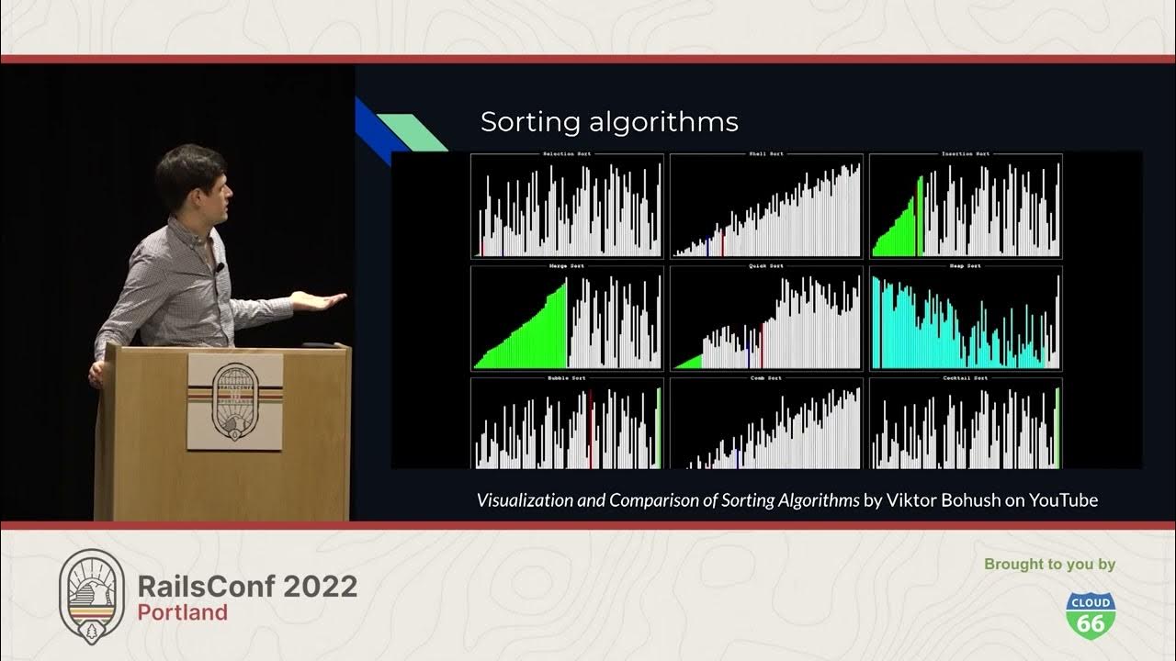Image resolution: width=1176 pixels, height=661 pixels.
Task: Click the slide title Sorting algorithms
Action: point(609,122)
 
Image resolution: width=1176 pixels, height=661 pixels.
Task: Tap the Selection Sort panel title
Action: point(567,154)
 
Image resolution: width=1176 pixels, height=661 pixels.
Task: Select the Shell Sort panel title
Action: point(765,154)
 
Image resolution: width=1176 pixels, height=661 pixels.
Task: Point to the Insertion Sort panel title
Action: point(965,154)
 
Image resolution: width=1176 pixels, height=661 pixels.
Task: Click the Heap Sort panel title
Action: point(965,266)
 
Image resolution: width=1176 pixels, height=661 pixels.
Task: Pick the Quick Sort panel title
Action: point(765,266)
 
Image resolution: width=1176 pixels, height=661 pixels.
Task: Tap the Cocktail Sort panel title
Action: point(965,378)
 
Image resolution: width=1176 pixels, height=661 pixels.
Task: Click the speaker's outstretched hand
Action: point(322,300)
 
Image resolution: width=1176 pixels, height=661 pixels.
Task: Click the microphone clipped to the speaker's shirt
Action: point(220,267)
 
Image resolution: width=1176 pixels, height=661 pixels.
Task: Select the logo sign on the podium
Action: point(235,401)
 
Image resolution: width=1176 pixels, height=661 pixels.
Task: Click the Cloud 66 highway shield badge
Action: point(1091,614)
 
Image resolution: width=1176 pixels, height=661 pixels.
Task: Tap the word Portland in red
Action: point(183,612)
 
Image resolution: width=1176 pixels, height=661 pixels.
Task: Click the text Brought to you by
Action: point(1049,564)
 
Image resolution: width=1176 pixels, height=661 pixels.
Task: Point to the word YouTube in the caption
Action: point(1063,500)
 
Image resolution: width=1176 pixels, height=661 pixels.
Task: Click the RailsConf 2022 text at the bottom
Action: point(247,586)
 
